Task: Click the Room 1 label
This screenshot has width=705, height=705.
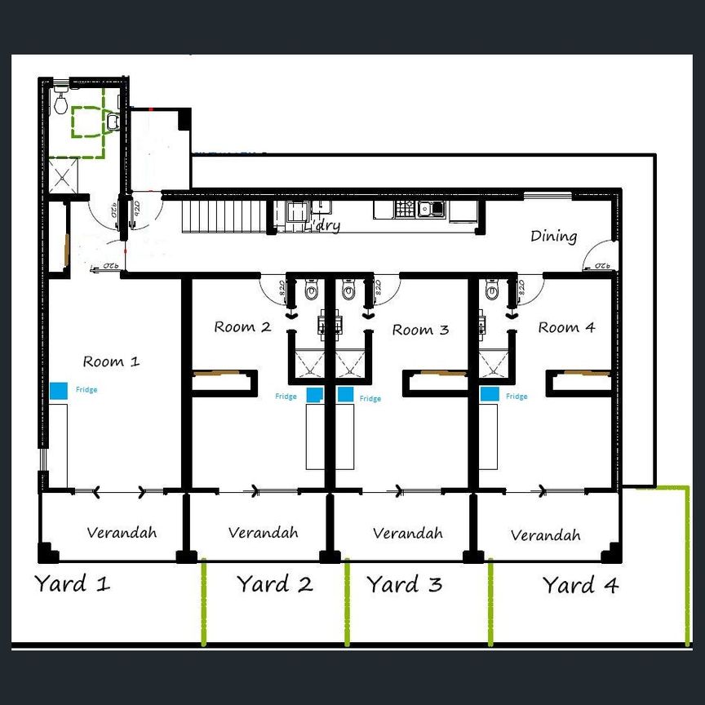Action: (111, 361)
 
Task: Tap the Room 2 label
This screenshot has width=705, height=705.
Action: (242, 327)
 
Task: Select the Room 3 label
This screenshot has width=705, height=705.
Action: (420, 330)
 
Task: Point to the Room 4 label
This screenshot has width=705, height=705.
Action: (566, 327)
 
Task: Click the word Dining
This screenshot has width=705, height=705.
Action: (553, 237)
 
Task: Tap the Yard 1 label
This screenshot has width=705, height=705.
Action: (72, 583)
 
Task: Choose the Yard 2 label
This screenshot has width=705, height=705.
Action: (275, 584)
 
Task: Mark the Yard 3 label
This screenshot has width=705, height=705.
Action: (404, 585)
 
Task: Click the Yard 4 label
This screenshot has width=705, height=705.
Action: (580, 585)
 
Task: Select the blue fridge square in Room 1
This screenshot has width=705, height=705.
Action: (59, 391)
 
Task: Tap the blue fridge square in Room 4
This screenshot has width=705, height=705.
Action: (490, 394)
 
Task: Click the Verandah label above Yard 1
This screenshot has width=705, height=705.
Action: (122, 532)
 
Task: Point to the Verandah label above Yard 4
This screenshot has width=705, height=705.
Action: (545, 535)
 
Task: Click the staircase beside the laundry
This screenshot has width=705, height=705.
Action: (224, 215)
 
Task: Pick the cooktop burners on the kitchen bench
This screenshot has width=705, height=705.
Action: (406, 209)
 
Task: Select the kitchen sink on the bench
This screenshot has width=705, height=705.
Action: (429, 209)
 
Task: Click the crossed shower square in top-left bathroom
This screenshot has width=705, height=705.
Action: (63, 175)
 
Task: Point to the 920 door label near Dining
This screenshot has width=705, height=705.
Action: (602, 265)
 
